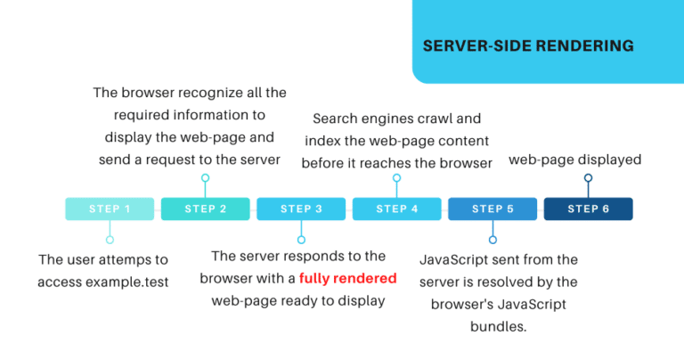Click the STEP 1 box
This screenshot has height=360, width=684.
coord(110,209)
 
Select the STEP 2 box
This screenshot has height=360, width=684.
coord(206,209)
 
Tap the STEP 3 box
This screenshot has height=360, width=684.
coord(301,209)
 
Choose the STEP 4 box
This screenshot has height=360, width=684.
coord(397,209)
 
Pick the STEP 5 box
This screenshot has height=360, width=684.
coord(493,209)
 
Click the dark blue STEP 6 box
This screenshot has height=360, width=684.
coord(588,209)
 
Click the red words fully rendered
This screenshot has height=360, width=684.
coord(347,278)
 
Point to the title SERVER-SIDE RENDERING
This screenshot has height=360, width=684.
coord(528,45)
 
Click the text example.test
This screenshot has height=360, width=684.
coord(127,282)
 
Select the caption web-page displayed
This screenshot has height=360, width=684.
coord(575,160)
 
